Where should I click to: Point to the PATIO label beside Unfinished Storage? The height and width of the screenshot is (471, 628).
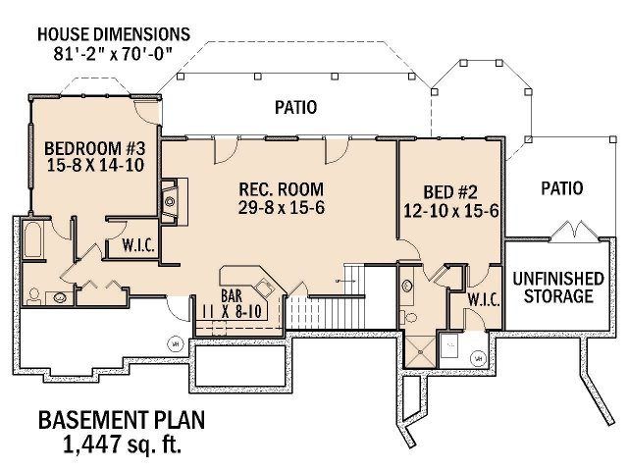[x=561, y=187]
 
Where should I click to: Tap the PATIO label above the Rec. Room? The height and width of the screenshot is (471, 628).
[x=294, y=108]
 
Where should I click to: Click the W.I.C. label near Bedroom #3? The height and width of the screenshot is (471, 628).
[x=136, y=245]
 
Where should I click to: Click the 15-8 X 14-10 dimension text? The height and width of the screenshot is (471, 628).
[x=95, y=166]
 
